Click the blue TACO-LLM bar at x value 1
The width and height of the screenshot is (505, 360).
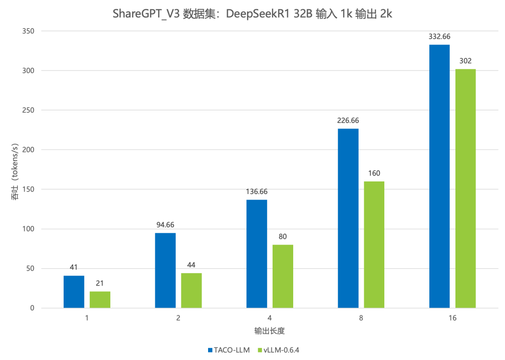coord(74,291)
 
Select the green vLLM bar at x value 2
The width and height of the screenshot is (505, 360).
coord(191,290)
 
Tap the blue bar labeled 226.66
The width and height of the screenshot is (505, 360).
coord(348,218)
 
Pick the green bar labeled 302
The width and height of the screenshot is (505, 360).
coord(465,188)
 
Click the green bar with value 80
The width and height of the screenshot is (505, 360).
coord(283,276)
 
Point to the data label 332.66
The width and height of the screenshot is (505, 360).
coord(439,36)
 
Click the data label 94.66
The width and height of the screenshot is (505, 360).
coord(165,224)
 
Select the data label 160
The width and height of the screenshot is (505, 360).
coord(374,173)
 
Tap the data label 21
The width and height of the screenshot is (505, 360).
coord(100,283)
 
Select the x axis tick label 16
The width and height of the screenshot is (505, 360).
coord(452,318)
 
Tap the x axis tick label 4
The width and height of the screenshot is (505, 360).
coord(270,318)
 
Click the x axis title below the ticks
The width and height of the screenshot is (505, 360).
coord(270,331)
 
